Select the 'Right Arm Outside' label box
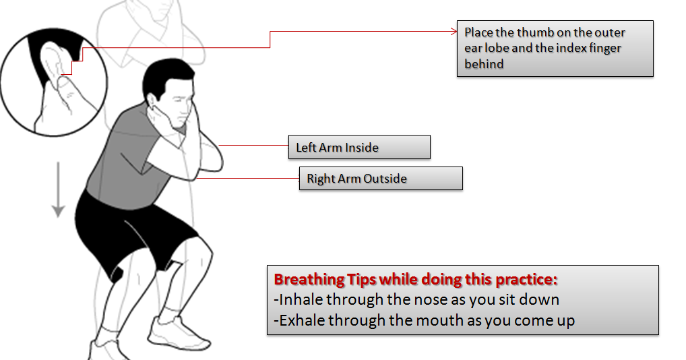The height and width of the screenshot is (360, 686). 380,179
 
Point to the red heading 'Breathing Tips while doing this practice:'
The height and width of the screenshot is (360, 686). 415,280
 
